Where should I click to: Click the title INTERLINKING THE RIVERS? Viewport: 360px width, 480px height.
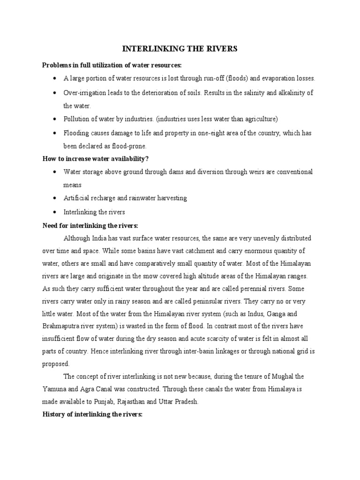point(180,49)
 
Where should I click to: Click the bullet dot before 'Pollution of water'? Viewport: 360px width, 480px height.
point(55,119)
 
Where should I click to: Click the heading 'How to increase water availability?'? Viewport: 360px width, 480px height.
point(98,158)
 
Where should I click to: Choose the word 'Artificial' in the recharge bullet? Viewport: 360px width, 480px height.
point(76,198)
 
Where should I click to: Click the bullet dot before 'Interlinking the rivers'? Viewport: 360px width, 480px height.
point(55,211)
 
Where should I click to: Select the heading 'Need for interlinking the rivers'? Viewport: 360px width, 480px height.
point(90,225)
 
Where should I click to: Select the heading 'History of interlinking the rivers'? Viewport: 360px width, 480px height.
point(92,415)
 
